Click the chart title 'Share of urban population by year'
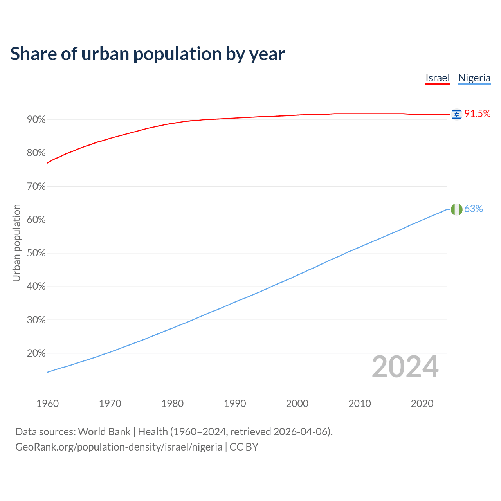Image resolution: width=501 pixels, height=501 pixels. (148, 54)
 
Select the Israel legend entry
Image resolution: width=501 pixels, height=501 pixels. (438, 78)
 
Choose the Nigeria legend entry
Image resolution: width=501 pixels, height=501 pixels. (474, 78)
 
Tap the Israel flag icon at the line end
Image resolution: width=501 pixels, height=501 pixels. (456, 114)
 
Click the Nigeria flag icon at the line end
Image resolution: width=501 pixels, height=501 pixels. (456, 209)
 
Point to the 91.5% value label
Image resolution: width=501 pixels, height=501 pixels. (478, 114)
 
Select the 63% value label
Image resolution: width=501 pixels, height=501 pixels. (474, 209)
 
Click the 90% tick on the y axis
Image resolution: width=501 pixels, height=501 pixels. (36, 120)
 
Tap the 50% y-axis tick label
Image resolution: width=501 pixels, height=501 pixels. (36, 253)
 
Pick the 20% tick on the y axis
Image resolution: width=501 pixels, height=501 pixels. (36, 353)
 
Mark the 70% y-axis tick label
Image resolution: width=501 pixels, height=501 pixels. (36, 187)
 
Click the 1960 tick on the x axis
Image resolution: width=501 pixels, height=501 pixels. (47, 404)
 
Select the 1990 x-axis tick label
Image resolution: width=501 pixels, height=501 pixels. (235, 404)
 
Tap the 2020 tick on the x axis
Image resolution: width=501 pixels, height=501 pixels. (422, 404)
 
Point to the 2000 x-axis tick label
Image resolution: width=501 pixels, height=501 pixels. (297, 404)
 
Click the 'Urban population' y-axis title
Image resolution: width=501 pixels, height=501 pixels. (16, 243)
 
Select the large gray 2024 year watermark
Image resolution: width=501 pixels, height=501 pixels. (405, 367)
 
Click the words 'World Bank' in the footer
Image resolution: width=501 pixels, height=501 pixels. (104, 432)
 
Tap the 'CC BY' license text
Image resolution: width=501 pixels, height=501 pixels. (244, 447)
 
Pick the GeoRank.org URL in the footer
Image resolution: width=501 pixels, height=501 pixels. (119, 447)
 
